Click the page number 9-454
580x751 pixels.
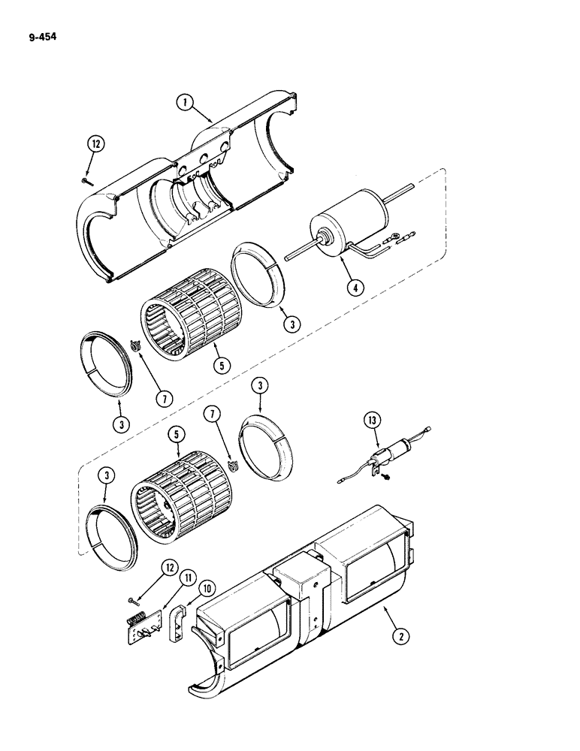[35, 34]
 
